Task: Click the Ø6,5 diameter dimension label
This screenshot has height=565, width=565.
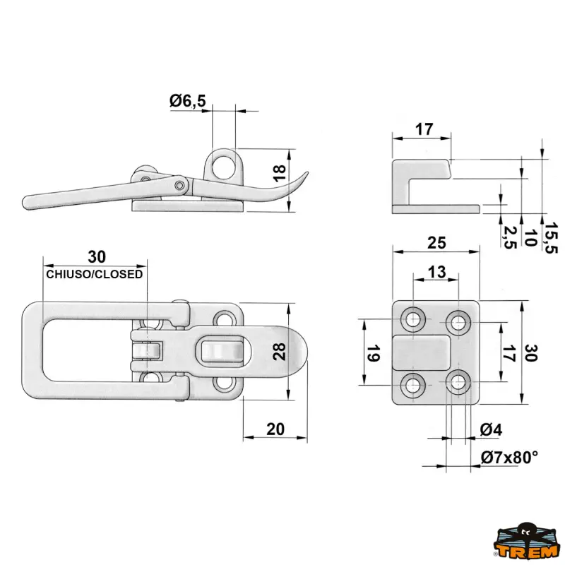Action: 187,102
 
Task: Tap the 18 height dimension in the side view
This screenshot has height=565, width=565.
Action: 279,171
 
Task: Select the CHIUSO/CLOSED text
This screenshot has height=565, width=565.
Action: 95,274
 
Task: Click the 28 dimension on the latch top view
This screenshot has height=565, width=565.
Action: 280,351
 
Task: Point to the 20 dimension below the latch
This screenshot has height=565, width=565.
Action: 275,428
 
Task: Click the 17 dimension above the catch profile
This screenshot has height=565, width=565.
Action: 424,130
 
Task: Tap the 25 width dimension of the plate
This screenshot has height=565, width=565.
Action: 436,243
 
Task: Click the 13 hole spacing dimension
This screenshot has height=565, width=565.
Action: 437,272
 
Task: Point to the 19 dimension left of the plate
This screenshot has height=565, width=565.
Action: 374,353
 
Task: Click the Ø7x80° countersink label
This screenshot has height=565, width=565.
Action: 509,458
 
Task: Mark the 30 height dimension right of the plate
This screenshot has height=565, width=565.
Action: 532,352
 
